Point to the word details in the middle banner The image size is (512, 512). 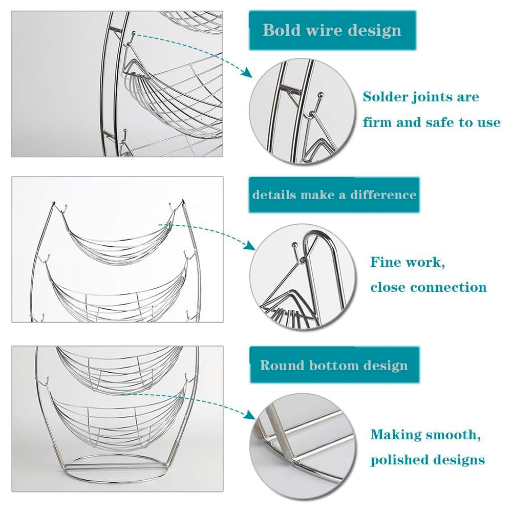(x=274, y=195)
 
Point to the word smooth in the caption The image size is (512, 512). (x=450, y=435)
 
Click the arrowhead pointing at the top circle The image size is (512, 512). (x=248, y=74)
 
